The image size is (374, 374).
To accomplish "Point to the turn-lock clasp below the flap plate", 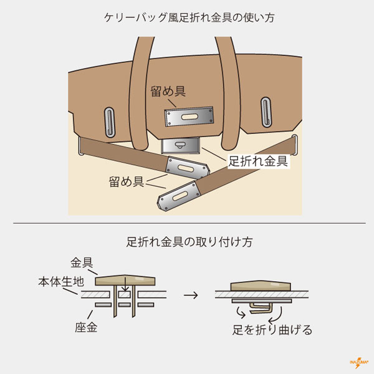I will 180,146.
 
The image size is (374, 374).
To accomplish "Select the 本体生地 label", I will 58,282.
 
